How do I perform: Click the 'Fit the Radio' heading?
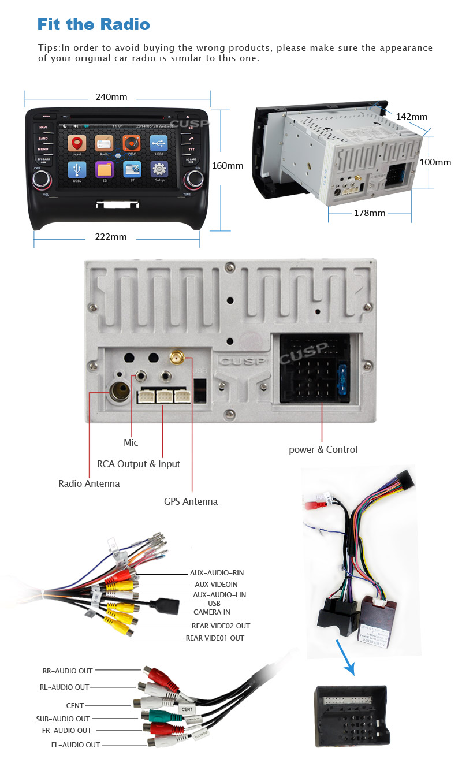(x=93, y=24)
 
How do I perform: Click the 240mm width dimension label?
(x=111, y=97)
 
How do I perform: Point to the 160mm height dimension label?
(x=228, y=166)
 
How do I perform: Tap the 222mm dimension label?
(x=111, y=237)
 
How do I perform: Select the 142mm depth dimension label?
(x=411, y=117)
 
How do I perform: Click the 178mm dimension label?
(x=369, y=213)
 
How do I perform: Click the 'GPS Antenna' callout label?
(x=191, y=501)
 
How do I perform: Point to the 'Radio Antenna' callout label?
(x=89, y=483)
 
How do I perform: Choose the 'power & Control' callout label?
(x=323, y=449)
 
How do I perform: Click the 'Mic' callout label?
(x=131, y=442)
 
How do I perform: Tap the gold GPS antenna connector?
(x=176, y=359)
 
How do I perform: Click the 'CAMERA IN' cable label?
(x=211, y=612)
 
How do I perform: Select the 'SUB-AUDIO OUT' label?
(x=63, y=719)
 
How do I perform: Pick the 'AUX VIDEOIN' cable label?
(x=216, y=584)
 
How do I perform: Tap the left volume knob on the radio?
(x=41, y=180)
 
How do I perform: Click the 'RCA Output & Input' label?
(x=139, y=464)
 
